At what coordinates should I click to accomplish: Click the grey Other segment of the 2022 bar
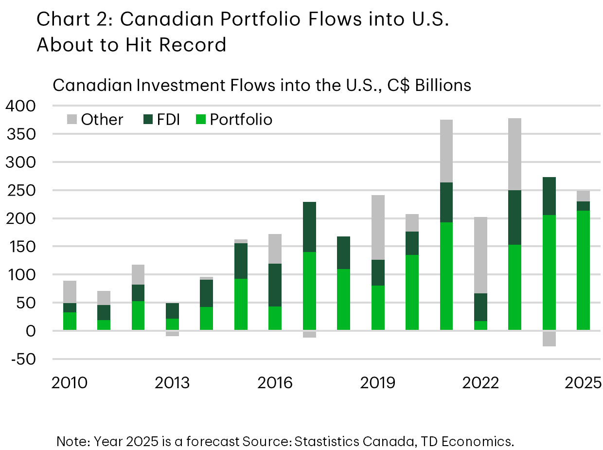coord(480,255)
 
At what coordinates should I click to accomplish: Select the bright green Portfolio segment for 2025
coord(583,270)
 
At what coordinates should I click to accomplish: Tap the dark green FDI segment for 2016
coord(275,285)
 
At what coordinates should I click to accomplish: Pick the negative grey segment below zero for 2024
coord(549,339)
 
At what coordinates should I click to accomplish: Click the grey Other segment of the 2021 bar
coord(446,151)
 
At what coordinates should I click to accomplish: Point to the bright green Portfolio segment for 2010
coord(70,321)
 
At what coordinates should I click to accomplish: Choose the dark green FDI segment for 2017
coord(309,227)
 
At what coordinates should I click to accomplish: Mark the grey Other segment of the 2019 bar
coord(378,227)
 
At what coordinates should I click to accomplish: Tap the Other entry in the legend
coord(102,120)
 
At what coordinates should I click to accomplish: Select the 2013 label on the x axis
coord(172,383)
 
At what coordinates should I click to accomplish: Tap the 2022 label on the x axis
coord(480,383)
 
